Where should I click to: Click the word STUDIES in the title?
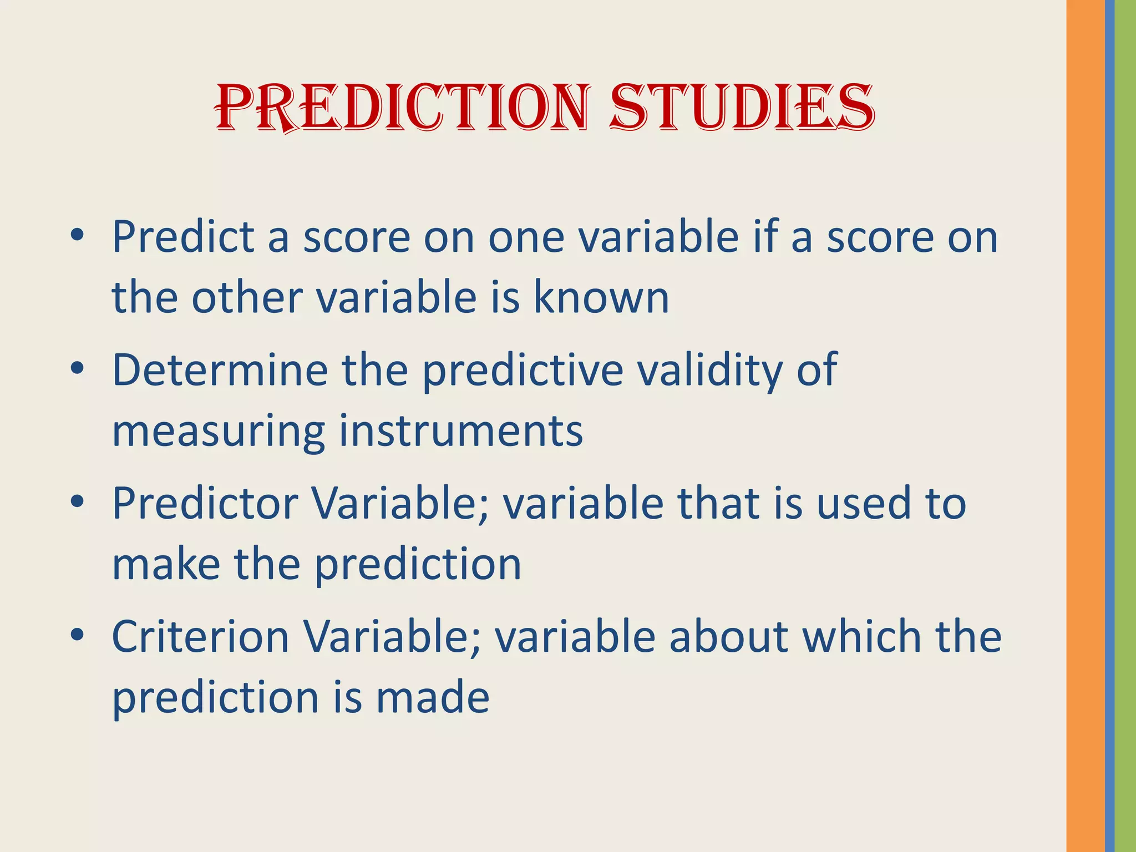point(742,108)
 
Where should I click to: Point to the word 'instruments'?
point(461,431)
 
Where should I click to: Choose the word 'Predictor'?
point(206,503)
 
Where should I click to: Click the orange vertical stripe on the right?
point(1085,426)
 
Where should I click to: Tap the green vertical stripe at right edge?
point(1125,426)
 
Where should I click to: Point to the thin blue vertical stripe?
point(1109,426)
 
